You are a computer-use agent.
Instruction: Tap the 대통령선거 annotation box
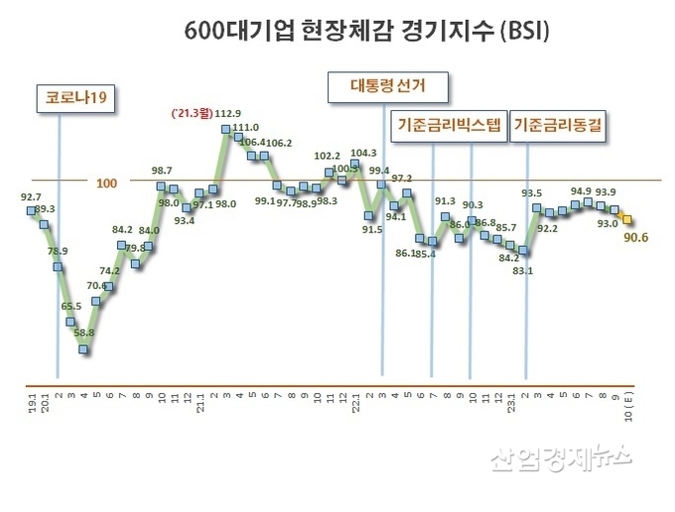tap(385, 86)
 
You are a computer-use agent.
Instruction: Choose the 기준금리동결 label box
tap(560, 127)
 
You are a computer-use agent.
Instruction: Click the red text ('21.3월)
tap(202, 113)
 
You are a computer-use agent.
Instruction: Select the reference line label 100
tap(106, 184)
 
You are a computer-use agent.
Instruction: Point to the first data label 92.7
tap(33, 197)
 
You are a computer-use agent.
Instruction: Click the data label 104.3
tap(363, 153)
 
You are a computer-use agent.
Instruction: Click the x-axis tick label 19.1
tap(32, 404)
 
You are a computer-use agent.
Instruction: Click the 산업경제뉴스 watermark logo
tap(562, 456)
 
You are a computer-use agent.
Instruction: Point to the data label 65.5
tap(71, 307)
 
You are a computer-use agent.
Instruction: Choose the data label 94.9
tap(583, 191)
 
